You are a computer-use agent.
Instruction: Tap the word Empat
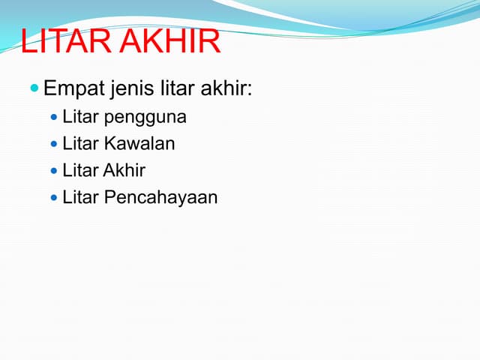73,90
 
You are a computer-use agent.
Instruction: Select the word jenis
132,90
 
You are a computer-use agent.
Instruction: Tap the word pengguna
145,118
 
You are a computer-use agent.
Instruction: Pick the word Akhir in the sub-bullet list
125,170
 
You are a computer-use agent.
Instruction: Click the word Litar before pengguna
80,117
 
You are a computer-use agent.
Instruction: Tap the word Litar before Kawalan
80,143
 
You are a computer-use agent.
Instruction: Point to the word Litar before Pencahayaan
80,197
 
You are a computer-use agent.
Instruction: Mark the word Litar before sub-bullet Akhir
80,170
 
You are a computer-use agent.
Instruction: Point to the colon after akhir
250,91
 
